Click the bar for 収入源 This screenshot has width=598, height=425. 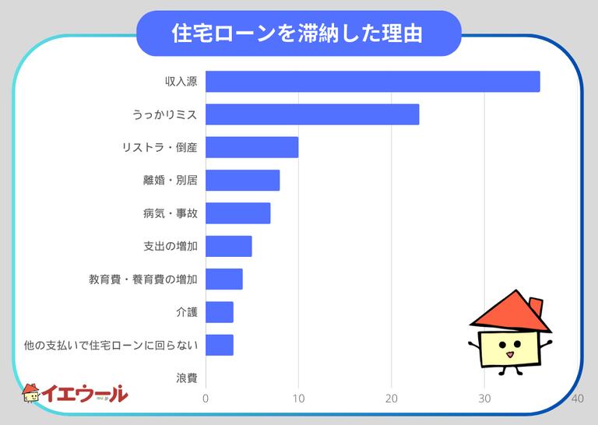(372, 82)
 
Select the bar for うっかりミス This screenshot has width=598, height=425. (312, 114)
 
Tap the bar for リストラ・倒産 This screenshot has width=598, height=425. (252, 147)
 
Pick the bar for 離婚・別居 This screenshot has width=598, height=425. (242, 181)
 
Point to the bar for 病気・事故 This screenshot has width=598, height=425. (237, 213)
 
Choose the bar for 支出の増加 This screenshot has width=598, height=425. (228, 246)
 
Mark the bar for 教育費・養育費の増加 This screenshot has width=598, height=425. (223, 279)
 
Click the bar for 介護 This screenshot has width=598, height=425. (219, 312)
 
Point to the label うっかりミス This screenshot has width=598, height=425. (165, 114)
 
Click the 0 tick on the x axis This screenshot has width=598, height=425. (206, 399)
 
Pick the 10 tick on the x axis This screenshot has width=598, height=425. (298, 399)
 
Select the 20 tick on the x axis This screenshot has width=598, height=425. (391, 399)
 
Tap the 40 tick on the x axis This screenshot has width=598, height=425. (577, 399)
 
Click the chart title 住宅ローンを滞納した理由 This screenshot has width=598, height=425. (298, 33)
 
